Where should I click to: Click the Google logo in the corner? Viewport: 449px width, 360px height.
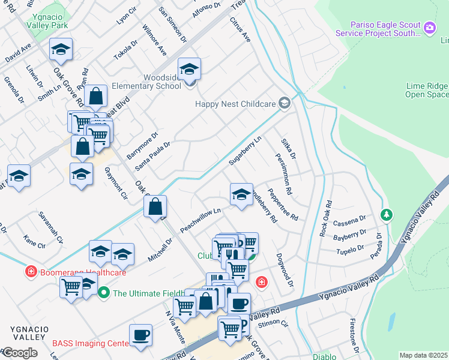point(19,353)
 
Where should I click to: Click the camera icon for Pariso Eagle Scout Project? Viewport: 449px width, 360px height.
point(429,28)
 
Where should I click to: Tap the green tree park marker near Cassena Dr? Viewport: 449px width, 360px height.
point(387,214)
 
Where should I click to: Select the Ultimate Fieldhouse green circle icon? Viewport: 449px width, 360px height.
point(104,293)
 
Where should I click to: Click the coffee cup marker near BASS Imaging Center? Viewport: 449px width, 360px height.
point(141,335)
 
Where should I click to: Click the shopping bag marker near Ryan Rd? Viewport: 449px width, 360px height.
point(95,95)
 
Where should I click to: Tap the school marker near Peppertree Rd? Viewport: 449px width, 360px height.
point(241,194)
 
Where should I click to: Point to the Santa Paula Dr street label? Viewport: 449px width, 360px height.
point(152,155)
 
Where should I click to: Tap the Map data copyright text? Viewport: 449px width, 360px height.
point(424,355)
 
